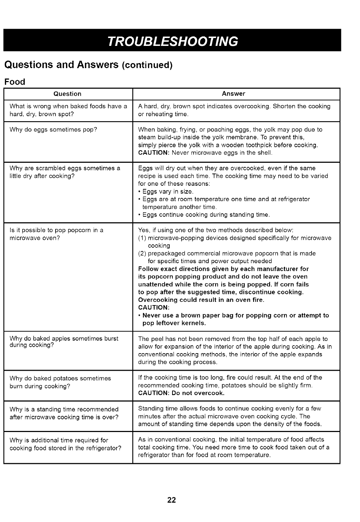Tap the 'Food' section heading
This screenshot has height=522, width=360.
point(14,82)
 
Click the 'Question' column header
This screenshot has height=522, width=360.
point(67,94)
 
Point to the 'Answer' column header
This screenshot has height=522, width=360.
point(233,94)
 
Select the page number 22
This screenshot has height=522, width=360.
point(171,500)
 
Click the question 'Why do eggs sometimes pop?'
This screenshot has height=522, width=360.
point(53,129)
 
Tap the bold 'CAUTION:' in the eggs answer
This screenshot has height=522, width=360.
point(153,153)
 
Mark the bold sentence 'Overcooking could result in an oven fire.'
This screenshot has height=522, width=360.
point(201,300)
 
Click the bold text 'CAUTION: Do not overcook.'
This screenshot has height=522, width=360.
point(181,393)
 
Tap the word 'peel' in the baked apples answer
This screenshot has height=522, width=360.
point(156,339)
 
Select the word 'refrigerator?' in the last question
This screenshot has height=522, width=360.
point(104,448)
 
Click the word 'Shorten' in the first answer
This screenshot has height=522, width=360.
point(284,106)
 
